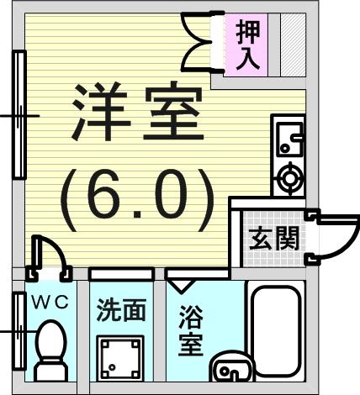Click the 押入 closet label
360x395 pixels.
tap(248, 45)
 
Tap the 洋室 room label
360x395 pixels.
tap(138, 111)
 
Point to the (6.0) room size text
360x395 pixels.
tap(137, 200)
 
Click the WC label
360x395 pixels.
tap(50, 303)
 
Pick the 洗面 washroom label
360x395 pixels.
tap(121, 310)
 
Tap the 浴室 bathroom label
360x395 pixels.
tap(191, 330)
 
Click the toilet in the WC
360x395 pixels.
tap(50, 350)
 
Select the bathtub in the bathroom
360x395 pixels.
tap(276, 330)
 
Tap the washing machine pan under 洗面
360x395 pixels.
tap(120, 358)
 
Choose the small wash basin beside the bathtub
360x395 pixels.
tap(233, 367)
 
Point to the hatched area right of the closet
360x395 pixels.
tap(293, 45)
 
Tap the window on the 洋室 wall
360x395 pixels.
tap(19, 115)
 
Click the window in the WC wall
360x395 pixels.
tap(19, 331)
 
